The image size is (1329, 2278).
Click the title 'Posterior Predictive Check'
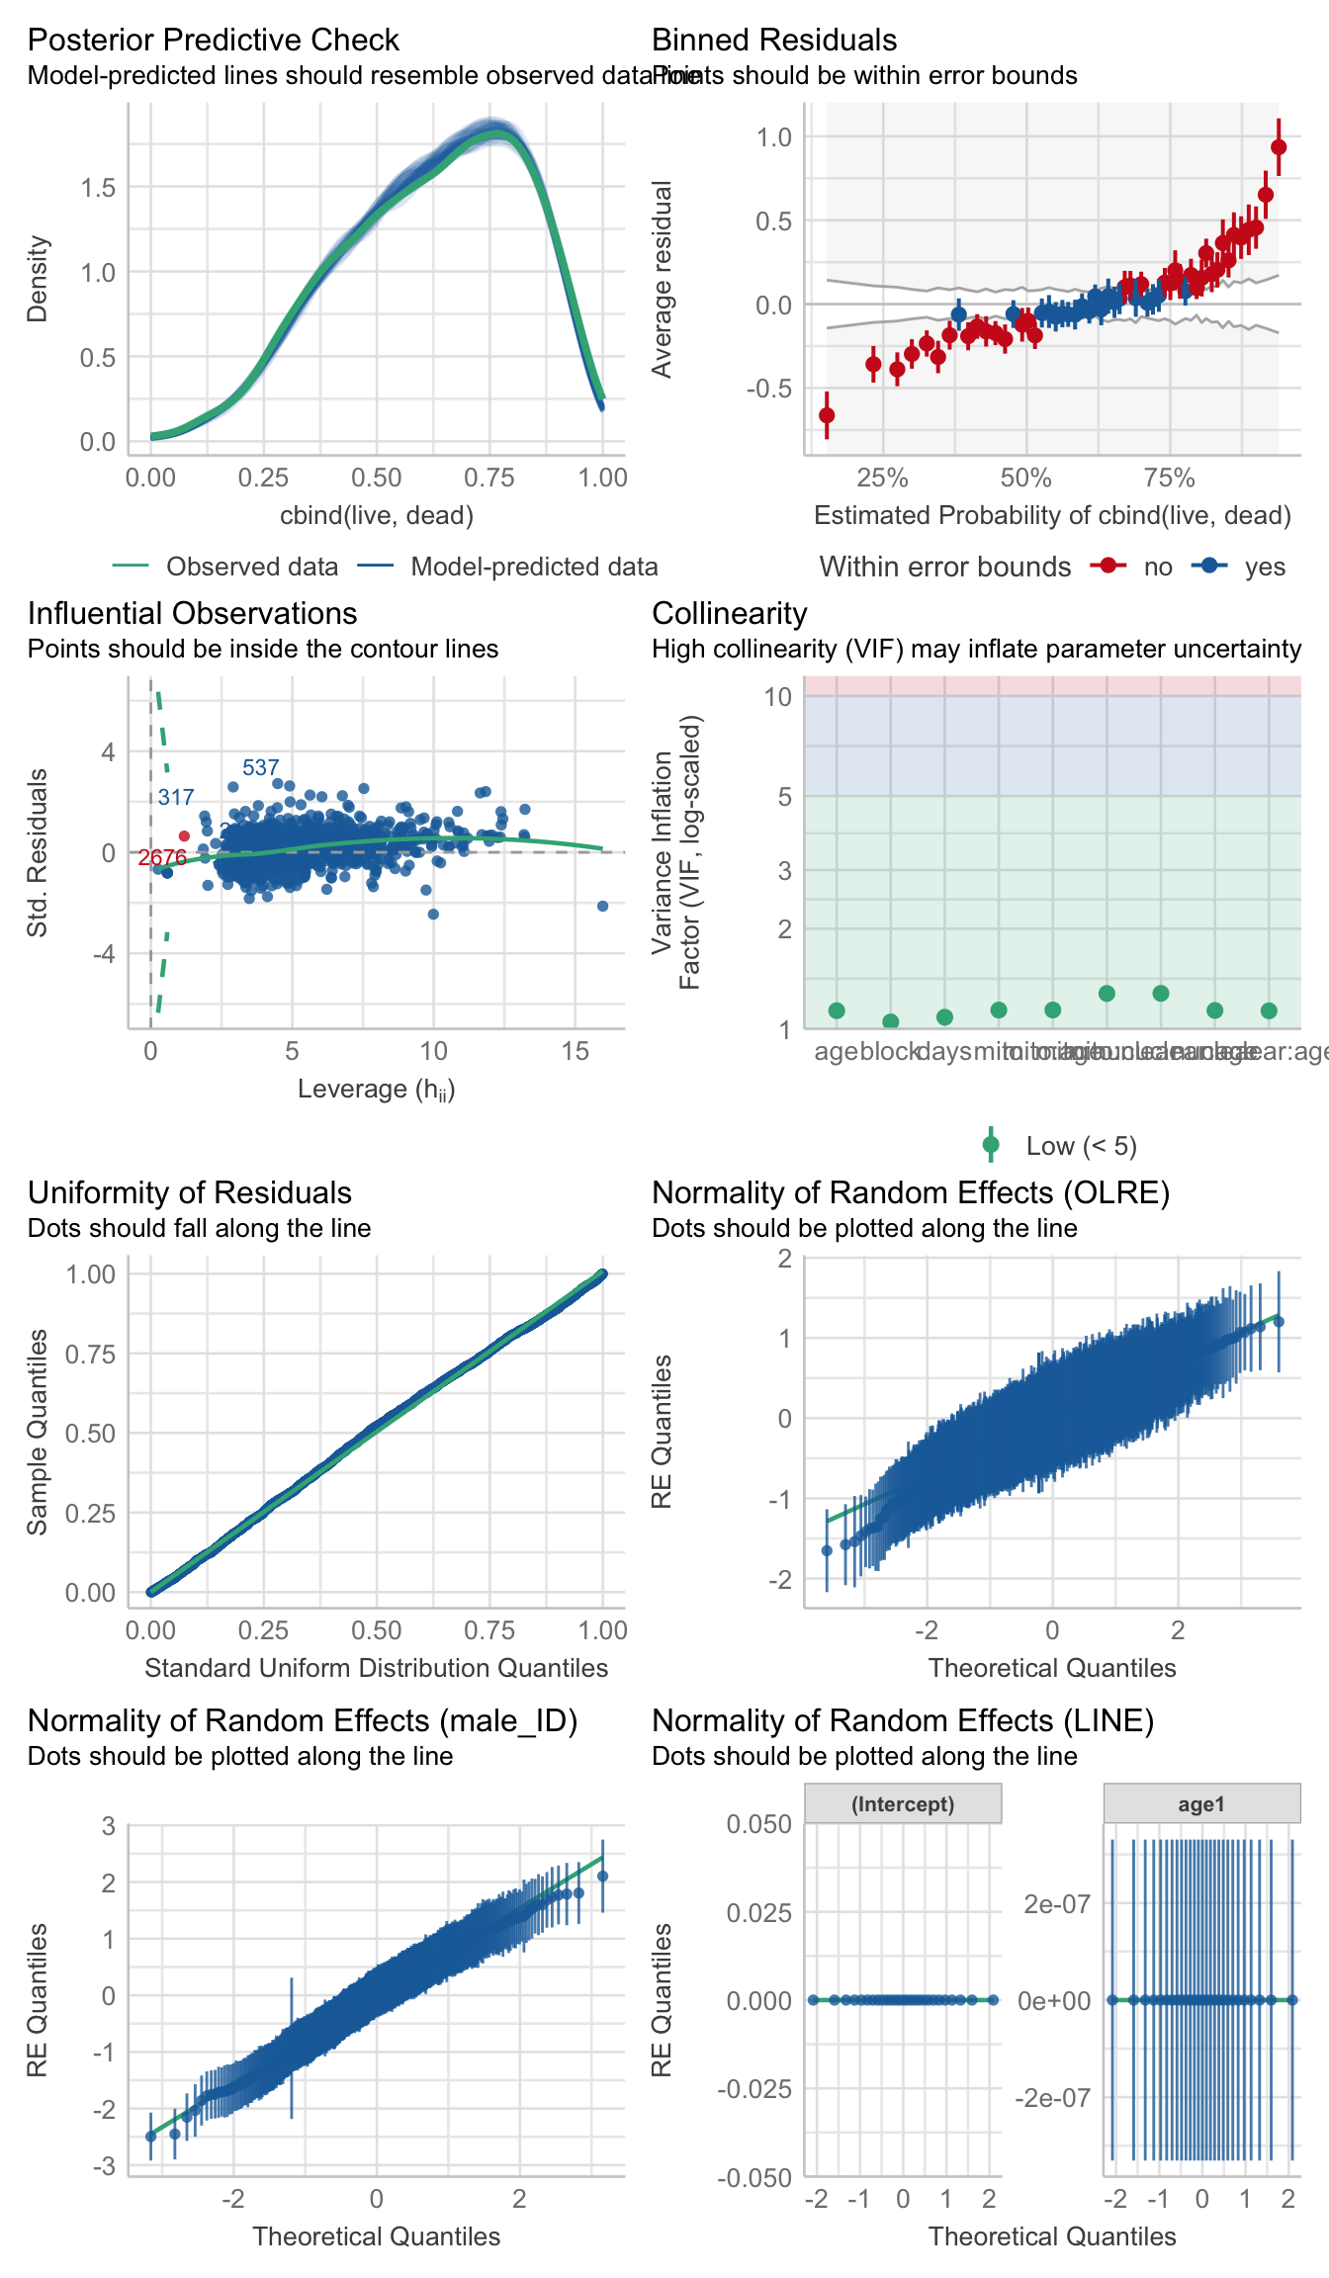pyautogui.click(x=213, y=40)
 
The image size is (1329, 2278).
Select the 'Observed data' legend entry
pyautogui.click(x=251, y=567)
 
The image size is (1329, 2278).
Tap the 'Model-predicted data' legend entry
pyautogui.click(x=534, y=567)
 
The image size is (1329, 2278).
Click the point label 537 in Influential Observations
pyautogui.click(x=260, y=767)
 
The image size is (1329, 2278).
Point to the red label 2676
pyautogui.click(x=162, y=857)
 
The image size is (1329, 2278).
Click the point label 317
pyautogui.click(x=176, y=797)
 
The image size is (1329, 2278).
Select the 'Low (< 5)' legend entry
pyautogui.click(x=1081, y=1146)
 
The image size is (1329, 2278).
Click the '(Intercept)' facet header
pyautogui.click(x=903, y=1804)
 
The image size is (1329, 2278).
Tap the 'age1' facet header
pyautogui.click(x=1201, y=1804)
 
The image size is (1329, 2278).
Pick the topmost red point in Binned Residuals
pyautogui.click(x=1279, y=147)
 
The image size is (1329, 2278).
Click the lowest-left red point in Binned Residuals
pyautogui.click(x=827, y=415)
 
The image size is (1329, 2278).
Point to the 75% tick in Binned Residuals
pyautogui.click(x=1170, y=479)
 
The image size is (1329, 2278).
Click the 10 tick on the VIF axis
pyautogui.click(x=778, y=697)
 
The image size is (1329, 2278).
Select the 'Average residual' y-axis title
pyautogui.click(x=662, y=279)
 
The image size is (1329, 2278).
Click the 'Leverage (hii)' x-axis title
pyautogui.click(x=376, y=1089)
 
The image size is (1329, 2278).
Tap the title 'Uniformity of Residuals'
pyautogui.click(x=190, y=1192)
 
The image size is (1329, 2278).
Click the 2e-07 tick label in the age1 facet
pyautogui.click(x=1055, y=1904)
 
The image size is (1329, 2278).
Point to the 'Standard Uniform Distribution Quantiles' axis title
pyautogui.click(x=376, y=1668)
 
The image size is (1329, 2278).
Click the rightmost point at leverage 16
pyautogui.click(x=603, y=906)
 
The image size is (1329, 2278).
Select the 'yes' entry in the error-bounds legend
pyautogui.click(x=1265, y=567)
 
